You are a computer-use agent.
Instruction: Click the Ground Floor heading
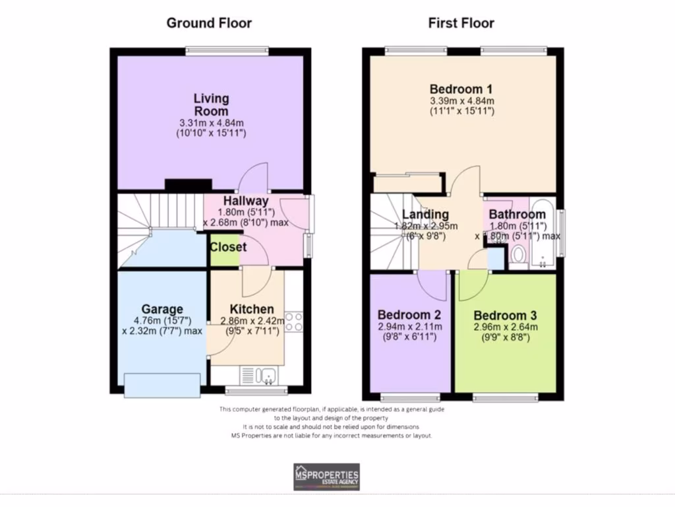tap(209, 23)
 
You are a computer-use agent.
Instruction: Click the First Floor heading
tap(461, 23)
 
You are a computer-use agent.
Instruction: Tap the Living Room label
tap(211, 104)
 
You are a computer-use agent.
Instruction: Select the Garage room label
tap(161, 309)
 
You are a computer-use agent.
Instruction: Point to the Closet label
tap(228, 247)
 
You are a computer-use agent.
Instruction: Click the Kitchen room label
tap(251, 309)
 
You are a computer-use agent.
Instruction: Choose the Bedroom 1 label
tap(461, 89)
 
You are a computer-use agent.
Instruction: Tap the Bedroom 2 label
tap(409, 314)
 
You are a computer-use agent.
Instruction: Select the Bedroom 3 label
tap(505, 314)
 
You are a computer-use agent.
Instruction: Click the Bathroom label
tap(517, 214)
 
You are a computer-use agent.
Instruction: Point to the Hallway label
tap(245, 201)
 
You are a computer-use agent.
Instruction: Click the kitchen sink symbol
tap(262, 376)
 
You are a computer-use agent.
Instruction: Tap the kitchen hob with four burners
tap(294, 321)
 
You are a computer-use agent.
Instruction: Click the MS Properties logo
tap(326, 477)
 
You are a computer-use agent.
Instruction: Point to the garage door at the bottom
tap(161, 385)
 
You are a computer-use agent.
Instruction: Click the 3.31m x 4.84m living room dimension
tap(211, 123)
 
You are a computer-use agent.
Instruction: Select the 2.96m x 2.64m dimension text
tap(505, 326)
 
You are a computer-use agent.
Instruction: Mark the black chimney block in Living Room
tap(189, 186)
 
